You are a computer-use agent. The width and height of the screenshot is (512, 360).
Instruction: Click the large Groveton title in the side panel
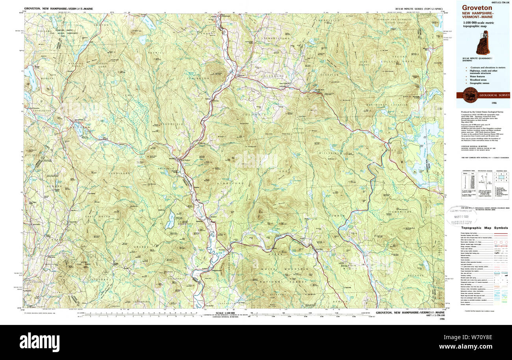pos(477,7)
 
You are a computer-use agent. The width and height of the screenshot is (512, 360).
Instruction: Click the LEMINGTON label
pos(208,78)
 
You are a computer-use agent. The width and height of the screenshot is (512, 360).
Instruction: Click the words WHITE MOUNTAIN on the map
pos(293,269)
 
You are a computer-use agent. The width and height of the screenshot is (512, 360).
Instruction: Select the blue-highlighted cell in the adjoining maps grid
pos(497,177)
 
